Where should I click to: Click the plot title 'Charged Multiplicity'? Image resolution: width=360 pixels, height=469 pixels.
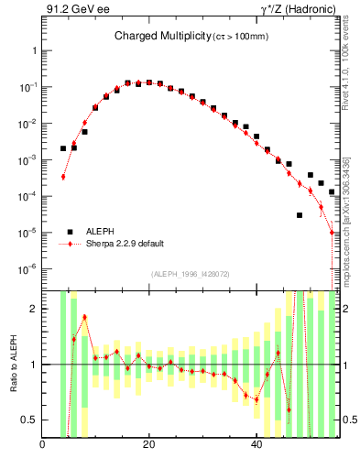[163, 37]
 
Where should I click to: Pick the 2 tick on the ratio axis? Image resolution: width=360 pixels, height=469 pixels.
[33, 309]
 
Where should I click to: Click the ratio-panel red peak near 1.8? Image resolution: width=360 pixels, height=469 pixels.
[84, 317]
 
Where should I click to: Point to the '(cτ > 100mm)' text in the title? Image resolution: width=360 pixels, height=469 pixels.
[241, 38]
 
